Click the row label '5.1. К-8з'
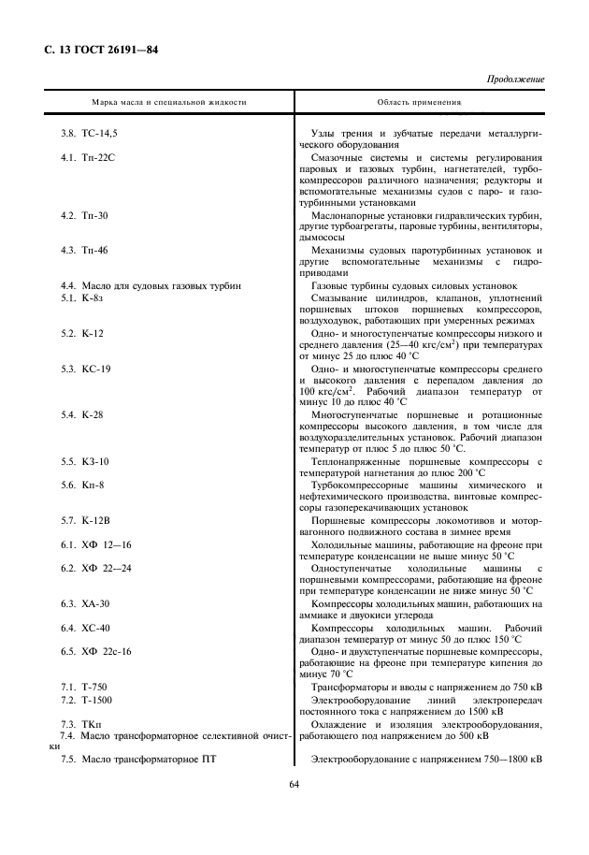pyautogui.click(x=81, y=297)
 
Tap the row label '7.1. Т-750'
pyautogui.click(x=84, y=687)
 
